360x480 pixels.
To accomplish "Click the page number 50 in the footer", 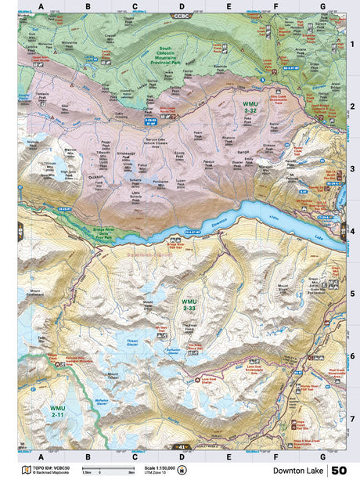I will tap(339, 470).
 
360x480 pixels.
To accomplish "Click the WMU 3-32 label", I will tap(249, 107).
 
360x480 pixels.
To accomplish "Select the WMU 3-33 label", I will tap(189, 304).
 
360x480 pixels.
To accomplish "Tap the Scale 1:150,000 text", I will tap(160, 468).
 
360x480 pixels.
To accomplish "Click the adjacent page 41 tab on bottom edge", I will tap(182, 446).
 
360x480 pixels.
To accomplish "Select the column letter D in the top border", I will tap(182, 6).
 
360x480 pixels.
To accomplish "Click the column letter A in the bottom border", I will tap(41, 456).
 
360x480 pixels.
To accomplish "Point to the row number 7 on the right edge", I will tap(352, 418).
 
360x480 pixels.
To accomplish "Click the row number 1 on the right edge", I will tap(352, 45).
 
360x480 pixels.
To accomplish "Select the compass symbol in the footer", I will tap(182, 470).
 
